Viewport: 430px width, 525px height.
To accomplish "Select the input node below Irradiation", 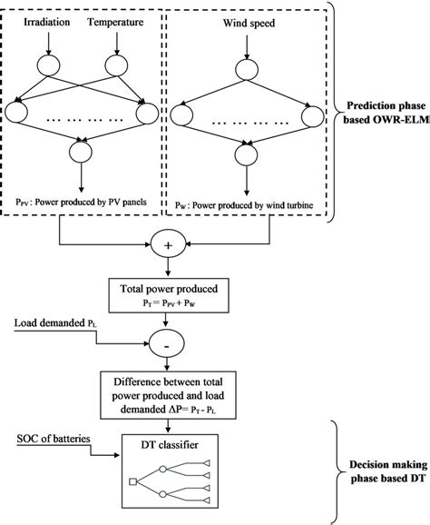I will [48, 66].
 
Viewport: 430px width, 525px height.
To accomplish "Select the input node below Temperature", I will [117, 66].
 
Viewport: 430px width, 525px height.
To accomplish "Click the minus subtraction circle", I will [168, 346].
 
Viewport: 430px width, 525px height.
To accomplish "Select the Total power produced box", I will [168, 297].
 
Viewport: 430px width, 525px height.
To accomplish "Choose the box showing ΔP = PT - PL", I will [168, 394].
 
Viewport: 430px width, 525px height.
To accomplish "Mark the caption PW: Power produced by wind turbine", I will [245, 207].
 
